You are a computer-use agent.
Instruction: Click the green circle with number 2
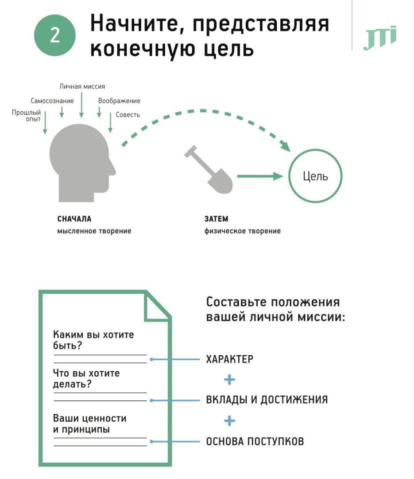tap(55, 35)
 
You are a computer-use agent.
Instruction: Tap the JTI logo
tap(379, 39)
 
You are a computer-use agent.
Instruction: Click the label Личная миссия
tap(82, 86)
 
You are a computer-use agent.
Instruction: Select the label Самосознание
tap(52, 101)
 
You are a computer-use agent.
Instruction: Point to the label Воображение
tap(119, 101)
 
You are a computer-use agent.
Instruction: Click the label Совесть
tap(128, 114)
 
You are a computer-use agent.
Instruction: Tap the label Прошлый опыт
tap(27, 116)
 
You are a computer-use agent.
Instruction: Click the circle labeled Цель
tap(315, 176)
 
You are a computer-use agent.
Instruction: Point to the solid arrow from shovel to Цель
tap(259, 177)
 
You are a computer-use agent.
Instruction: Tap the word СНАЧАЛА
tap(74, 219)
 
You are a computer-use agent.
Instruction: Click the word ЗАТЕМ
tap(216, 219)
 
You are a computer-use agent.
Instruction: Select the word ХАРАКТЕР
tap(230, 359)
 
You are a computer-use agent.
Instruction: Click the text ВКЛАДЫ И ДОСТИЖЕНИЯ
tap(267, 400)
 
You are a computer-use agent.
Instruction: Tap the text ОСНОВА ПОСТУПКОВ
tap(255, 441)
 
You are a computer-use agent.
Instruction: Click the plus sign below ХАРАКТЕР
tap(229, 380)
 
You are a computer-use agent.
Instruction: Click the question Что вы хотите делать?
tap(86, 378)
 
